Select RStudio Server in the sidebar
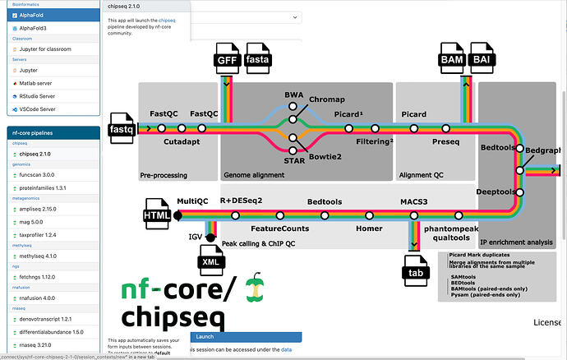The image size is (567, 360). pos(49,95)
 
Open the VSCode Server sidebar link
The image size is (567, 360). pos(48,108)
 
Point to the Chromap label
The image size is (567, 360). pos(327,99)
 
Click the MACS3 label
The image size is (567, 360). pos(414,202)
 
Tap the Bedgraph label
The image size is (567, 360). pos(543,151)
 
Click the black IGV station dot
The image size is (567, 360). pos(211,238)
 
